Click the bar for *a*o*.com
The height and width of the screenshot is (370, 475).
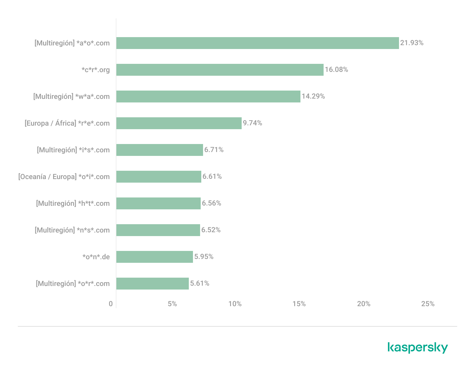pos(257,43)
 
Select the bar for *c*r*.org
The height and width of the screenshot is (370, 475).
pos(220,70)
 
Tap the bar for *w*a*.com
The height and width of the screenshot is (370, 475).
pos(208,97)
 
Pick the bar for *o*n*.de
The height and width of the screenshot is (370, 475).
pos(155,257)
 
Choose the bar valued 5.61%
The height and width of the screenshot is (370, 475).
pos(153,284)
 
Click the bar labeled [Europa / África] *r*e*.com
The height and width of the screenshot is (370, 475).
pos(179,123)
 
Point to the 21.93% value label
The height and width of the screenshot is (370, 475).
pos(412,43)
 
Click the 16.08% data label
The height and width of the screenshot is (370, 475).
pos(336,69)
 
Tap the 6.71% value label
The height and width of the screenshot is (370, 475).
pos(214,150)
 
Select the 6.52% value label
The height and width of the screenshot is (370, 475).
pos(211,230)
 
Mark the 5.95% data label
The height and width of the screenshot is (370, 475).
pos(204,257)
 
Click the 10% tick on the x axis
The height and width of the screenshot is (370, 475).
pos(235,304)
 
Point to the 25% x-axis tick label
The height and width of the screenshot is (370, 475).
pos(428,304)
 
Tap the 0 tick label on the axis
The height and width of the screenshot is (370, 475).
pos(111,304)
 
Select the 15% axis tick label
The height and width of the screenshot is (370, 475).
pos(299,304)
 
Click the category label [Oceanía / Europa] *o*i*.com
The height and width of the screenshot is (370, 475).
pos(64,177)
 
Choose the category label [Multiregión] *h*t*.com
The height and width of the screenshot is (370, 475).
pos(73,203)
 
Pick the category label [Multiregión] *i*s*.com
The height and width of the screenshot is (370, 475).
pos(73,150)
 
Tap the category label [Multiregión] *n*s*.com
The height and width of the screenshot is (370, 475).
pos(72,230)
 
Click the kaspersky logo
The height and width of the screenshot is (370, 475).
pos(418,347)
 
